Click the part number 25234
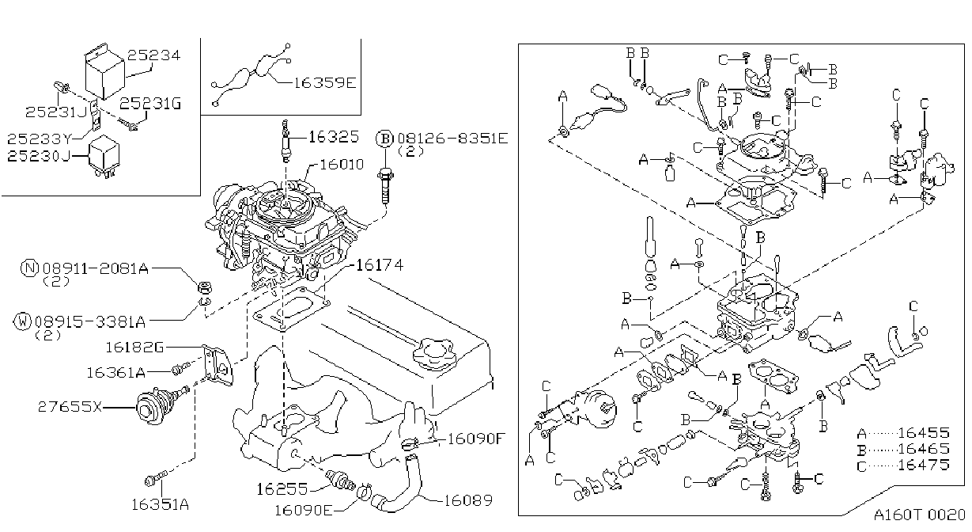pos(153,55)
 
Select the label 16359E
pos(325,82)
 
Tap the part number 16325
pos(334,137)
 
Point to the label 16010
pos(342,164)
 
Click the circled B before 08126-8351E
pos(384,139)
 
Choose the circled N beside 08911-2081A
pos(29,268)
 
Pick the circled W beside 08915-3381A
pos(22,321)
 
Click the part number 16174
pos(380,265)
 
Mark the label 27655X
pos(70,407)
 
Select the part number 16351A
pos(160,504)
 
